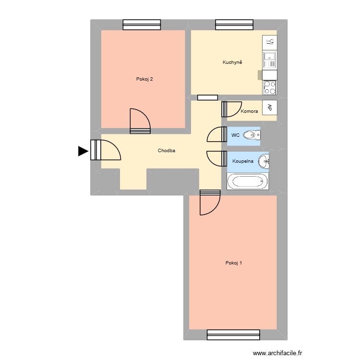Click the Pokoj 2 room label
144,79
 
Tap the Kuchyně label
232,62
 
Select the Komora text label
250,111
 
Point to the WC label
235,135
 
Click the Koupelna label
243,161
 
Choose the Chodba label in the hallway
166,151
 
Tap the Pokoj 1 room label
234,263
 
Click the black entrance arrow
83,151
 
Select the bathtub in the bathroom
248,181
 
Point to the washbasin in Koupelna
264,162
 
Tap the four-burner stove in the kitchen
270,87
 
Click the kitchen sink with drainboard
270,60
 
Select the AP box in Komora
270,108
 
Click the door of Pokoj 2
140,121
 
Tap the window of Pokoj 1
233,335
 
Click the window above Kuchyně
234,24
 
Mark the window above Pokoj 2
142,24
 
